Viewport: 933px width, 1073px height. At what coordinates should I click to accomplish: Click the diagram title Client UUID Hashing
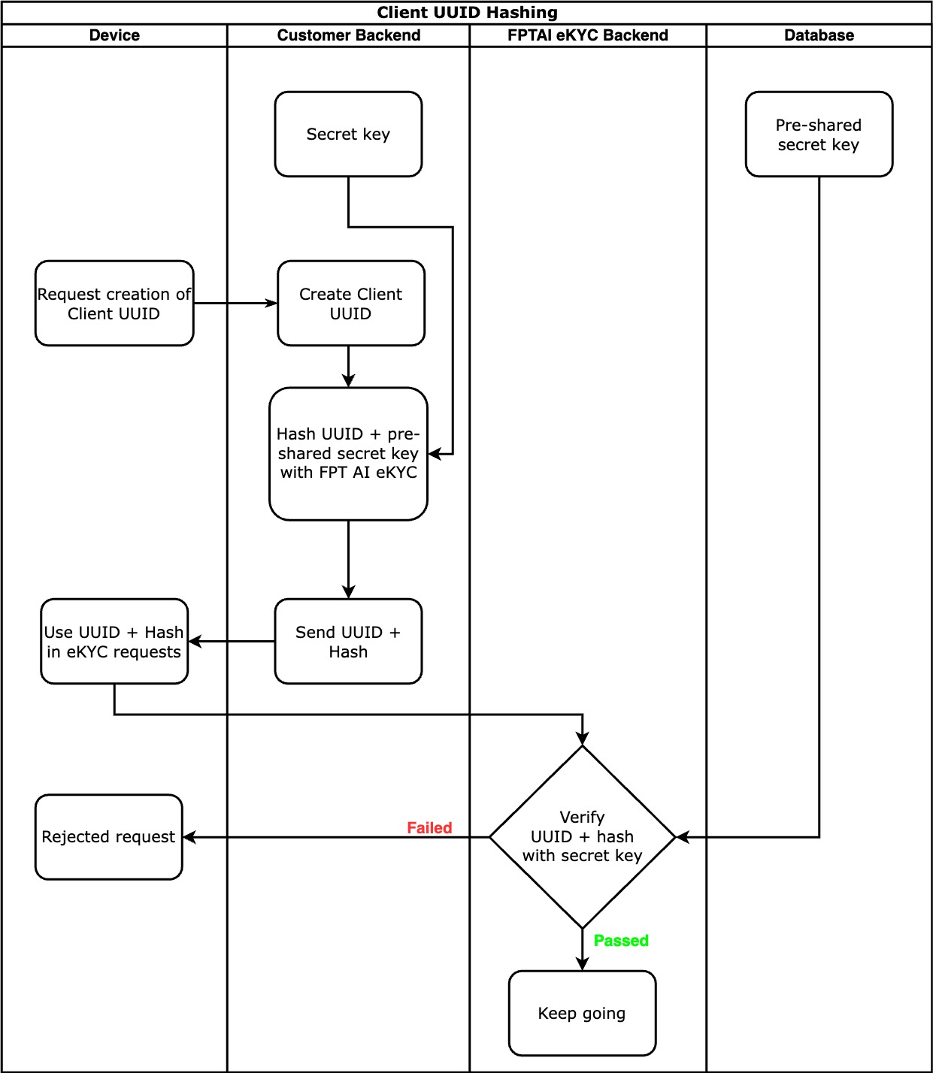tap(467, 13)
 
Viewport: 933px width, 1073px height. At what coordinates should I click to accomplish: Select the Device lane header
tap(114, 35)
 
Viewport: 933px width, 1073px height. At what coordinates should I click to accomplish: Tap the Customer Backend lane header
tap(349, 35)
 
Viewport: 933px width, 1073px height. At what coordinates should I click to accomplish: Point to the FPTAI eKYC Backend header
tap(588, 35)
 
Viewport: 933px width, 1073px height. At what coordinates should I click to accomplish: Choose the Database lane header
tap(819, 35)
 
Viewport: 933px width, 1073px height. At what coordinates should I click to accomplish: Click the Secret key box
tap(348, 135)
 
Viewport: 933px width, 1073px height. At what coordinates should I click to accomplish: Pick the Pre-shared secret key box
tap(819, 135)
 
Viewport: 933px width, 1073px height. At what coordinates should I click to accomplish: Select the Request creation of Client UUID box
tap(114, 304)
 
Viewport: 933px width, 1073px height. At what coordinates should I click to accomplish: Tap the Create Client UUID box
tap(351, 304)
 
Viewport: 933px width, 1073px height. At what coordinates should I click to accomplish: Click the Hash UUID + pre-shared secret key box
tap(348, 454)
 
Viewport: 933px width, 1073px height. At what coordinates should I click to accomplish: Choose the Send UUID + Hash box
tap(348, 642)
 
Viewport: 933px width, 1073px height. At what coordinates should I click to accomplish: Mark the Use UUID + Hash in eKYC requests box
tap(114, 642)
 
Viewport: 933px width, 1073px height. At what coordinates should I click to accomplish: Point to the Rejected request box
tap(109, 837)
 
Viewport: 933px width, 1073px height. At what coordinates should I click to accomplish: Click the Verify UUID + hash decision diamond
tap(583, 837)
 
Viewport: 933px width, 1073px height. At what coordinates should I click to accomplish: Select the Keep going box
tap(583, 1014)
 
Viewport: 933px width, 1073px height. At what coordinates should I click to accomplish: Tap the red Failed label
tap(429, 828)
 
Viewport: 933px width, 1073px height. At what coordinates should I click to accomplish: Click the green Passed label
tap(621, 941)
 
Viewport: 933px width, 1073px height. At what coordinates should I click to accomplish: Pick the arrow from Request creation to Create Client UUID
tap(235, 304)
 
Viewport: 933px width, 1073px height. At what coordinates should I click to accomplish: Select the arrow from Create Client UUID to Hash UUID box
tap(348, 367)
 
